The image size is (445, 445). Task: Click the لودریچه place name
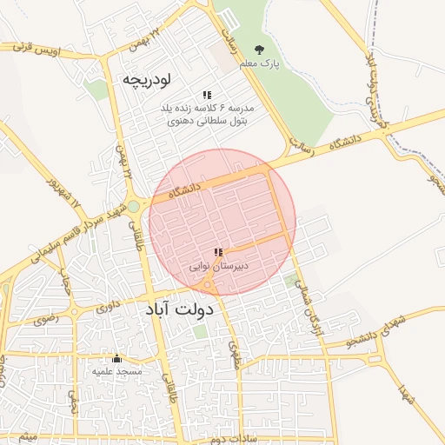pos(145,79)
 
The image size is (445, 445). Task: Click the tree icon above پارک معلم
pos(259,50)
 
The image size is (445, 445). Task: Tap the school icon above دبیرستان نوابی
pos(218,252)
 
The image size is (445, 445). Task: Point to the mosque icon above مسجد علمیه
pos(116,358)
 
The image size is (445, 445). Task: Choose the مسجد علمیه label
pos(116,371)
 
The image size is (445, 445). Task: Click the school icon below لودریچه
pos(207,95)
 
